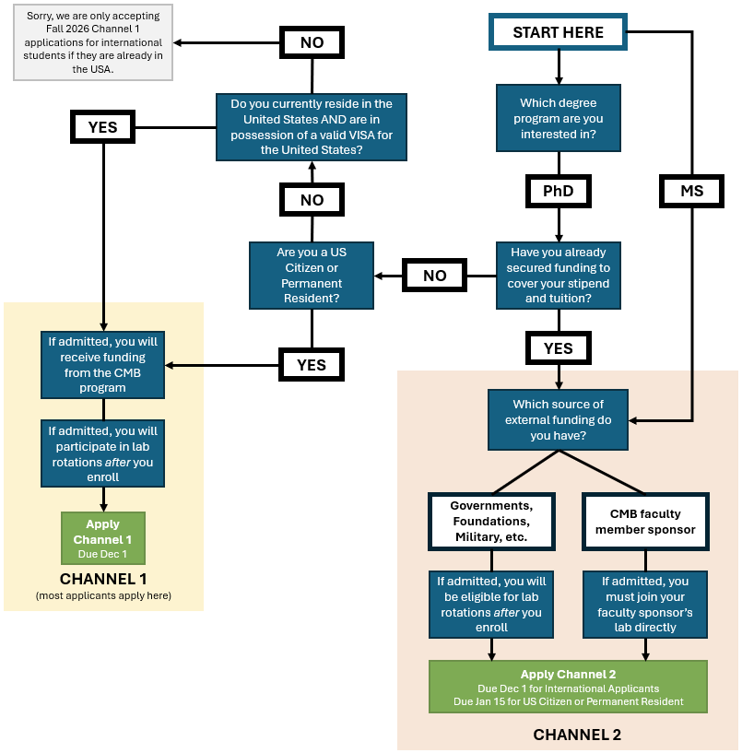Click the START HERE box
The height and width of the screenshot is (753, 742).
(x=558, y=32)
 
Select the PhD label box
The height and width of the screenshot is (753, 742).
(x=558, y=191)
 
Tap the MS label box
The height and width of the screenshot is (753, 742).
(x=691, y=191)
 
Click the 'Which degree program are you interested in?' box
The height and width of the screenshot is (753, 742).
(x=558, y=118)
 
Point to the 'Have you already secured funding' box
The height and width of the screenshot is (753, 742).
(x=558, y=275)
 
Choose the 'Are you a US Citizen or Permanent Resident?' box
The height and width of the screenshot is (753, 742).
(x=312, y=275)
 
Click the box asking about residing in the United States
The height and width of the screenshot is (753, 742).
(x=312, y=126)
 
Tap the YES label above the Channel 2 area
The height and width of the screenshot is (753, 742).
(x=558, y=347)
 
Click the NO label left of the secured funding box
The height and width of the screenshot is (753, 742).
(x=434, y=275)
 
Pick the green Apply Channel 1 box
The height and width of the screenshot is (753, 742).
(x=103, y=537)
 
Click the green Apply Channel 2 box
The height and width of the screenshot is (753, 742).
(x=568, y=687)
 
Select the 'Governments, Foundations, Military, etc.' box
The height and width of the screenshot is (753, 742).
(x=491, y=521)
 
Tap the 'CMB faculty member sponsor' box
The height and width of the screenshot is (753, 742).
(x=645, y=521)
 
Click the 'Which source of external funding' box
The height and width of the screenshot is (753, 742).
(x=558, y=419)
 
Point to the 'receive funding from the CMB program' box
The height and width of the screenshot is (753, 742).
(x=103, y=364)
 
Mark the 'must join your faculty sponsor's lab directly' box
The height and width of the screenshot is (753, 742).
(x=645, y=605)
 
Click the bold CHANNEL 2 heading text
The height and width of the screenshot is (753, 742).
(x=577, y=735)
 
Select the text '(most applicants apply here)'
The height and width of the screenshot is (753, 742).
(x=103, y=595)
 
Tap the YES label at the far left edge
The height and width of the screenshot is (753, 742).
(x=103, y=126)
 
